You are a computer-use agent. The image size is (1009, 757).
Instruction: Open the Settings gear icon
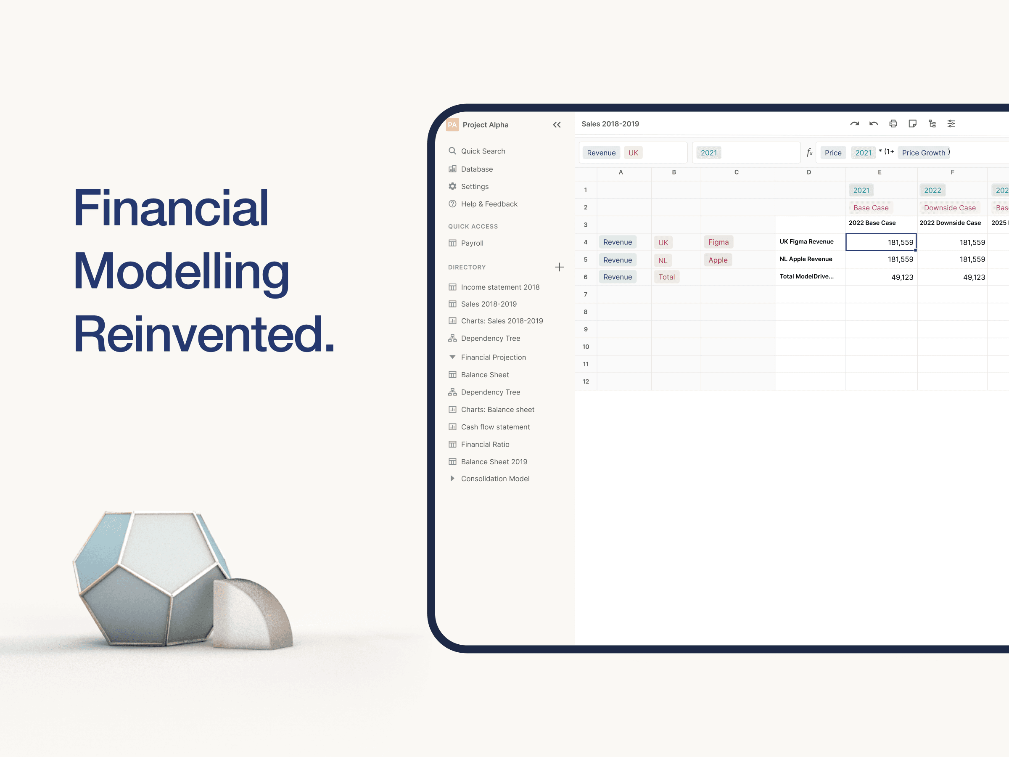(452, 186)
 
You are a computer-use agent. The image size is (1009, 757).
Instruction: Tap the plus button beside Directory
(559, 267)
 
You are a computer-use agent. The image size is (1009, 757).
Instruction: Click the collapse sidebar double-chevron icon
(557, 124)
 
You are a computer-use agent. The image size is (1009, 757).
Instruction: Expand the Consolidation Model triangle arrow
(452, 478)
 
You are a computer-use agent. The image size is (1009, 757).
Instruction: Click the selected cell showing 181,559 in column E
(881, 242)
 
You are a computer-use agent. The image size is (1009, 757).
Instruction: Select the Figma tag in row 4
(718, 242)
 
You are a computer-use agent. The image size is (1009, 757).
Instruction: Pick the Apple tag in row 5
(718, 260)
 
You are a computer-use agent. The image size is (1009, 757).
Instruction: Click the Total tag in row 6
(666, 277)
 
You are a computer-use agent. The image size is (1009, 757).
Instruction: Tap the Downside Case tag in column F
(950, 208)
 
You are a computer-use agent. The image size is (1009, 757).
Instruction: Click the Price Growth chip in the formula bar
(923, 152)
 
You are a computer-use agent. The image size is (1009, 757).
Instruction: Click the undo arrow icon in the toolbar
(874, 124)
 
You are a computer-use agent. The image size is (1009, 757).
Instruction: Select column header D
(809, 172)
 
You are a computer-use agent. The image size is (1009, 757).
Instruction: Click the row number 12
(586, 381)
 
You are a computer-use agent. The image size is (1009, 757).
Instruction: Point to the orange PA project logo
(452, 124)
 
